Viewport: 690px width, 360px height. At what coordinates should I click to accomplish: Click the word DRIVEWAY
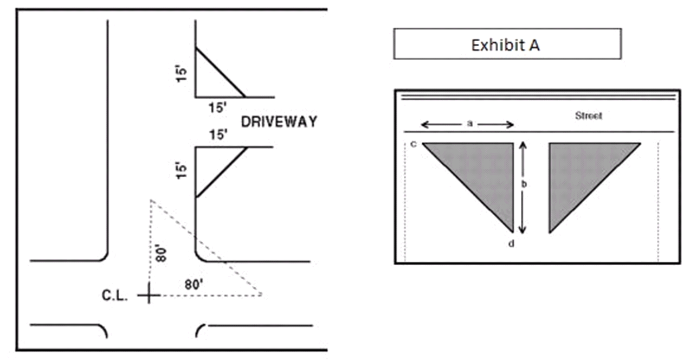pyautogui.click(x=279, y=122)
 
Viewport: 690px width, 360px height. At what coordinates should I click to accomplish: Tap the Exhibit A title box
pyautogui.click(x=507, y=44)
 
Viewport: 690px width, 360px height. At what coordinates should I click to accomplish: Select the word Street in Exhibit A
pyautogui.click(x=588, y=115)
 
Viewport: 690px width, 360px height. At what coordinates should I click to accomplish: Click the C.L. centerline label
pyautogui.click(x=114, y=295)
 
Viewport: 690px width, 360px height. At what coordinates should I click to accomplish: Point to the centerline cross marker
pyautogui.click(x=149, y=295)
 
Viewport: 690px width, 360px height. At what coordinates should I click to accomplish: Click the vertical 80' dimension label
pyautogui.click(x=161, y=253)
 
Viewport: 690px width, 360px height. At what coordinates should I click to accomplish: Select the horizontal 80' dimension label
pyautogui.click(x=194, y=284)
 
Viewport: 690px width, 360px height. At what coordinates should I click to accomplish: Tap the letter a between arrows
pyautogui.click(x=469, y=124)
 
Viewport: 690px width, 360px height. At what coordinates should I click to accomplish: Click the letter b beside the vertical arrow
pyautogui.click(x=524, y=184)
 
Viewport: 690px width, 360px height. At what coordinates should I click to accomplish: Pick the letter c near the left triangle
pyautogui.click(x=414, y=144)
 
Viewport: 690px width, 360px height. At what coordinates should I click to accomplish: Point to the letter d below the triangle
pyautogui.click(x=511, y=244)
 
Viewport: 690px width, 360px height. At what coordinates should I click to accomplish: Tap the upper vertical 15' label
pyautogui.click(x=181, y=73)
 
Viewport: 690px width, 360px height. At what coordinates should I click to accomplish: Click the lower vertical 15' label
pyautogui.click(x=181, y=170)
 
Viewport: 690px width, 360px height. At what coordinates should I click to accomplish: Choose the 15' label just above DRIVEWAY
pyautogui.click(x=218, y=107)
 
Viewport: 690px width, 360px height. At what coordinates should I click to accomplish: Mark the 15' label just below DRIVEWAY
pyautogui.click(x=218, y=134)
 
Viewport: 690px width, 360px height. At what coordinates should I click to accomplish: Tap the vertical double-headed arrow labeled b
pyautogui.click(x=522, y=188)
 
